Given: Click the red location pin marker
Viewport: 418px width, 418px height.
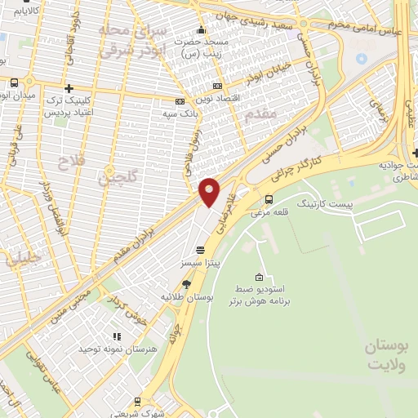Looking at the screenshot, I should pyautogui.click(x=210, y=190).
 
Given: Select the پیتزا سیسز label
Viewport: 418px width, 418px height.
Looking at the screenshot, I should pyautogui.click(x=200, y=265).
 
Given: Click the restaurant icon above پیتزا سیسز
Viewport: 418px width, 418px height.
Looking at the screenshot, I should pyautogui.click(x=200, y=249).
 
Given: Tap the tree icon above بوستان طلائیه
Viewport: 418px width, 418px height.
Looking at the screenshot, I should pyautogui.click(x=186, y=283).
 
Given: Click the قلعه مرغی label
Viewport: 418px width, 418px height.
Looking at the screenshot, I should pyautogui.click(x=266, y=212).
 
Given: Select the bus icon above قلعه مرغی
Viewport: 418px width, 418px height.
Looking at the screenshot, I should pyautogui.click(x=269, y=198).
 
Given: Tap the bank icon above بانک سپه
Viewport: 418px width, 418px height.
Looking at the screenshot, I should pyautogui.click(x=180, y=102).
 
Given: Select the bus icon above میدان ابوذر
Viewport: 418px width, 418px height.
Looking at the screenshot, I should pyautogui.click(x=15, y=82).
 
